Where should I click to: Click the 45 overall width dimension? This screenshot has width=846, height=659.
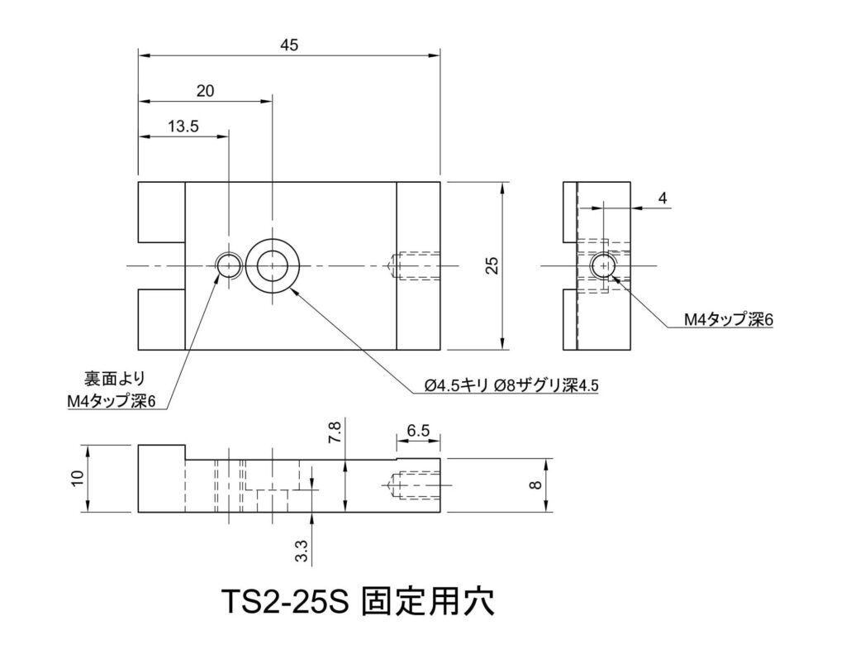(x=288, y=46)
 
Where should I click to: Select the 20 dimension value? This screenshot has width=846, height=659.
(x=205, y=91)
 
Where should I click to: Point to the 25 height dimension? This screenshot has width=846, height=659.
(x=492, y=265)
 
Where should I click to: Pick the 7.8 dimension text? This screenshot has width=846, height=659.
(x=334, y=433)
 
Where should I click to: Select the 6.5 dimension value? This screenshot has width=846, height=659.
(x=418, y=431)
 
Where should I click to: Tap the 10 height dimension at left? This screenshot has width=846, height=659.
(x=77, y=479)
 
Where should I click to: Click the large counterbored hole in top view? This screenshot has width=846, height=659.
(x=272, y=265)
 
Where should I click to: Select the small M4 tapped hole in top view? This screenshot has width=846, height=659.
(x=228, y=265)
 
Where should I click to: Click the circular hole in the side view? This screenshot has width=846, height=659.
(x=605, y=265)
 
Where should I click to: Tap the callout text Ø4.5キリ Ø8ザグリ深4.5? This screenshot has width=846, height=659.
(x=509, y=386)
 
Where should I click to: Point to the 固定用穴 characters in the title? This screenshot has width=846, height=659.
(x=429, y=601)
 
